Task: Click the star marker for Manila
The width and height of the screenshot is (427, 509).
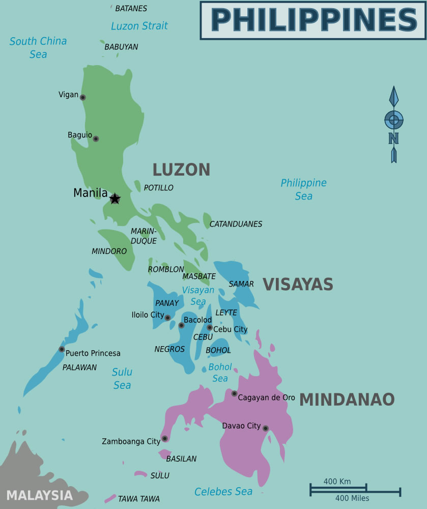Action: (x=115, y=199)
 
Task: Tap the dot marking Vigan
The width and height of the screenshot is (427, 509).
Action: (x=83, y=97)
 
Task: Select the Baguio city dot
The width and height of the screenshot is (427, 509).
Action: (x=96, y=138)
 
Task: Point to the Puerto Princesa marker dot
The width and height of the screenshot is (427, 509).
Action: (x=62, y=349)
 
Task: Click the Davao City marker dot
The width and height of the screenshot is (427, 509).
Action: (x=265, y=429)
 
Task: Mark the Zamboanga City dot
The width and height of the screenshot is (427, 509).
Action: (x=164, y=438)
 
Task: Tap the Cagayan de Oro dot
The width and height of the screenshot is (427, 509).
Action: (x=234, y=393)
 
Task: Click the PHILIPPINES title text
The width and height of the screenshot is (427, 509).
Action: (x=314, y=20)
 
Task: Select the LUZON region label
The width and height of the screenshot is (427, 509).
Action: (x=182, y=170)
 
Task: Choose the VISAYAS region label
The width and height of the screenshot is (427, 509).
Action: (x=298, y=284)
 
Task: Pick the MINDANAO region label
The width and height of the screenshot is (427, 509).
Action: (x=347, y=400)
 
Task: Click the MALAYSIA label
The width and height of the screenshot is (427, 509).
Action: (x=40, y=495)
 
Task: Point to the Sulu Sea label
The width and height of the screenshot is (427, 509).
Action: (x=122, y=379)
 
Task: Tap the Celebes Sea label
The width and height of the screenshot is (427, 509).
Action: (x=223, y=492)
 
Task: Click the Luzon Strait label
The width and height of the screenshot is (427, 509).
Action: (x=139, y=25)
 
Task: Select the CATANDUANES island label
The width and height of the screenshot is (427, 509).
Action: (x=236, y=224)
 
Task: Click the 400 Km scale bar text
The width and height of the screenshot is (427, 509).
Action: (x=337, y=482)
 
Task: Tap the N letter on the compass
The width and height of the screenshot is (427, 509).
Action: (x=393, y=138)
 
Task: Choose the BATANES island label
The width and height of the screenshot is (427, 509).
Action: (x=131, y=9)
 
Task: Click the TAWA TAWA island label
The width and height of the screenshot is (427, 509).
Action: (x=138, y=499)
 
